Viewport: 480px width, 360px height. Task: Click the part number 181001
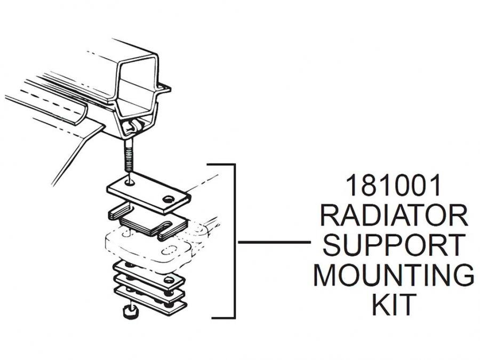[x=394, y=187]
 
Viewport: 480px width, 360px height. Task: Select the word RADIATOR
[x=394, y=216]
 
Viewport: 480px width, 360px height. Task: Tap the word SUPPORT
[x=394, y=245]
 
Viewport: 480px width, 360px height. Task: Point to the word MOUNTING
[x=394, y=275]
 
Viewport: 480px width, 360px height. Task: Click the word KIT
[x=394, y=305]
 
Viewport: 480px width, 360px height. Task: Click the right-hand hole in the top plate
[x=169, y=199]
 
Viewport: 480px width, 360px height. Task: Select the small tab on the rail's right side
[x=165, y=88]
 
